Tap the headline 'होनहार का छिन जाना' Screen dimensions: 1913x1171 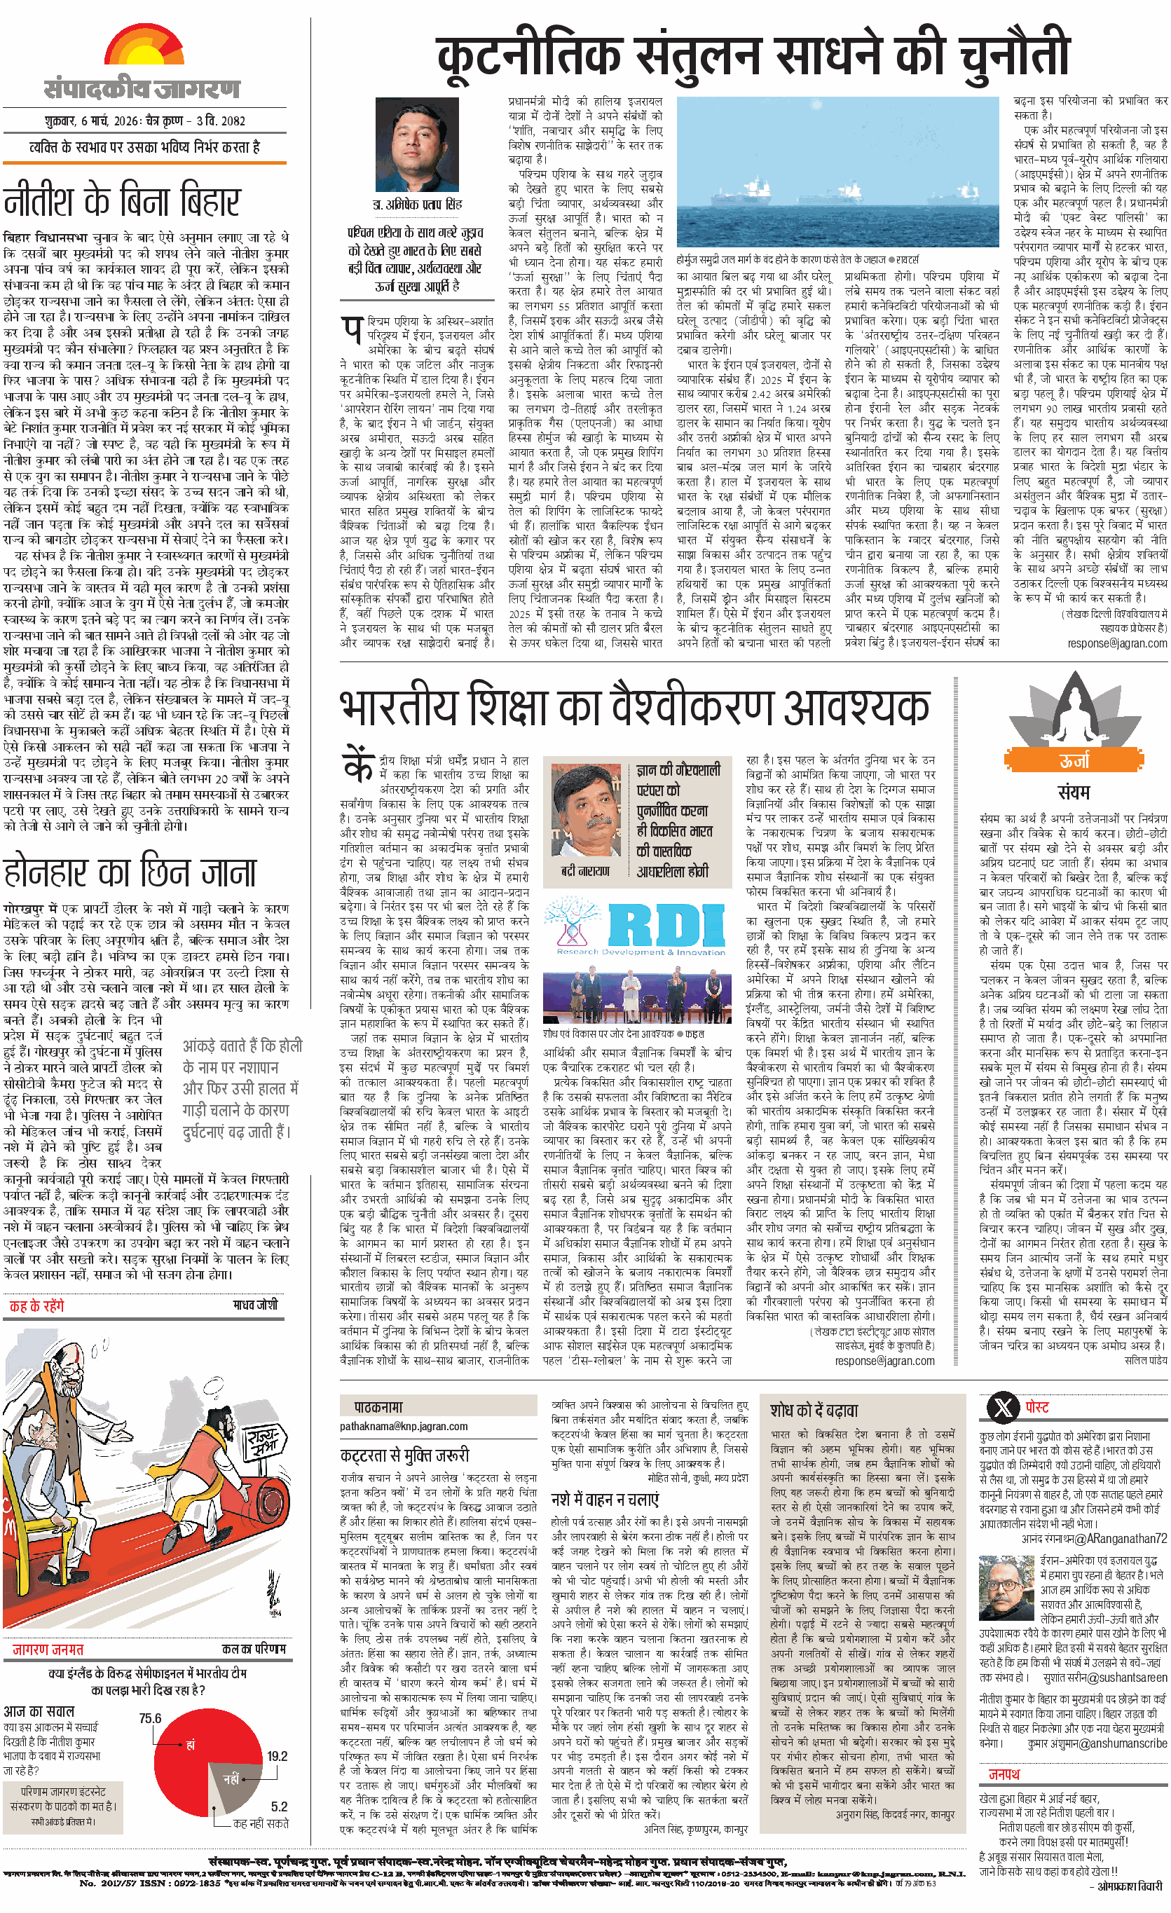[x=130, y=872]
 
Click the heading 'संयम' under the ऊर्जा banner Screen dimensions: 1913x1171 [x=1073, y=792]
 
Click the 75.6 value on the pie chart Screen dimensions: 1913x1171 [x=150, y=1718]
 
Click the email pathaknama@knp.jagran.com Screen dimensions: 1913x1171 [x=403, y=1426]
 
